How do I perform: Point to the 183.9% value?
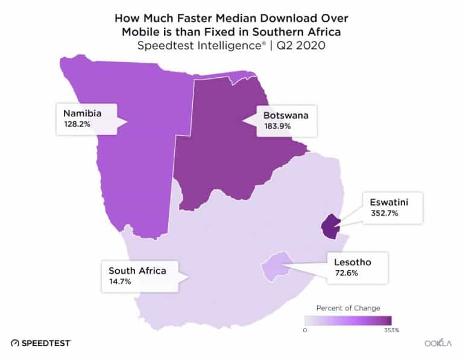[x=277, y=127]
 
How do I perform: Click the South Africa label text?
[x=137, y=271]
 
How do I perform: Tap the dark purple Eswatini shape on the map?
[x=330, y=227]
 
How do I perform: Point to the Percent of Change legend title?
[x=348, y=308]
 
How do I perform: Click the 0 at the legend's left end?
[x=306, y=330]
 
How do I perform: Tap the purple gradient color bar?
[x=348, y=321]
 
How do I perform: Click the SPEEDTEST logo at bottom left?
[x=41, y=343]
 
